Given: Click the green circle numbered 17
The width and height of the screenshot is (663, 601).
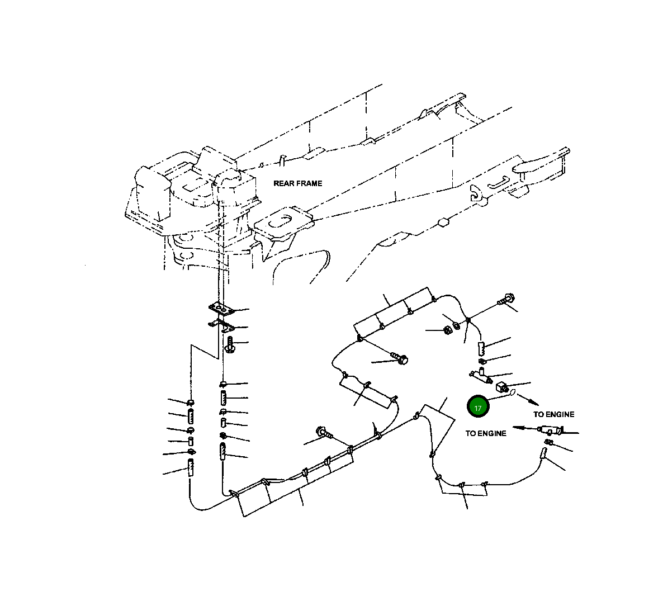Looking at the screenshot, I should (477, 408).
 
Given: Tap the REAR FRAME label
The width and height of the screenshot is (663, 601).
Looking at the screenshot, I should (297, 183).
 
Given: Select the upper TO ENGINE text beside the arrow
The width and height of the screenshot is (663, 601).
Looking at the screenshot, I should (553, 414).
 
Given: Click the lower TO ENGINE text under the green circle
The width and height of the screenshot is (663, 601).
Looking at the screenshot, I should (486, 433).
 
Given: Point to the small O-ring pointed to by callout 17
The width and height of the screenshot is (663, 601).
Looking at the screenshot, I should (511, 395).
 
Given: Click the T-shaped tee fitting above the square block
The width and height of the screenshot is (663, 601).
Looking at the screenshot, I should (480, 375).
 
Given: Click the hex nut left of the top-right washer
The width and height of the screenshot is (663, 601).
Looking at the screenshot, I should (447, 330).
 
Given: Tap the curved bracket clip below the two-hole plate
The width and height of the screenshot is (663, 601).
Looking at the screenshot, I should (223, 325).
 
